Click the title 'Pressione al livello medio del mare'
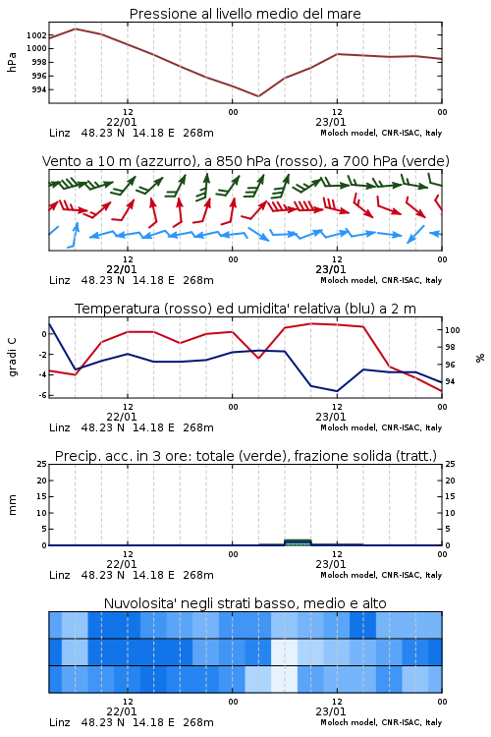tap(245, 14)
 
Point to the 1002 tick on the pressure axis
tap(36, 35)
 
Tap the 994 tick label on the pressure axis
tap(39, 89)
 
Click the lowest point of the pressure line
tap(258, 96)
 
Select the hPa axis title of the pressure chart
tap(12, 62)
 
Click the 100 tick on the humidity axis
tap(452, 330)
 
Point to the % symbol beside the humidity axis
tap(480, 358)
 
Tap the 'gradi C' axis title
tap(12, 357)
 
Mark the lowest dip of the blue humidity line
tap(337, 391)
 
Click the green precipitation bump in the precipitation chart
tap(298, 541)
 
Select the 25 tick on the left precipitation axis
tap(42, 464)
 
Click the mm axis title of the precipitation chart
tap(12, 504)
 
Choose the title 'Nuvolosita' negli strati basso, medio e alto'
tap(245, 603)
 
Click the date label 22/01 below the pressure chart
tap(121, 122)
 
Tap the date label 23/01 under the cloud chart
tap(330, 711)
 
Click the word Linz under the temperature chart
tap(60, 427)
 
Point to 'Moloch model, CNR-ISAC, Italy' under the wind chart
tap(381, 280)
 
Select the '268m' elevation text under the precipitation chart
tap(198, 575)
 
